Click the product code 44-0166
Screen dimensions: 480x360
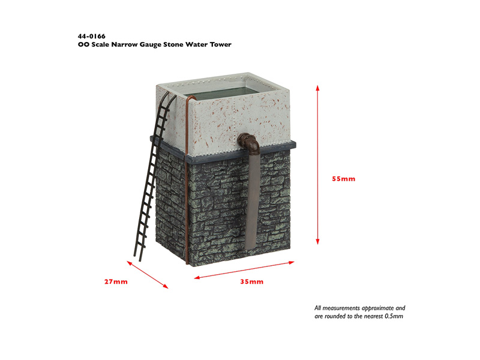[92, 37]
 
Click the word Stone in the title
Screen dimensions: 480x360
[173, 44]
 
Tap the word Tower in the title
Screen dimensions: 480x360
[220, 44]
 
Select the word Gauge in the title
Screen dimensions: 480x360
[151, 44]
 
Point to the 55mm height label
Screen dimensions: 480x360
[344, 179]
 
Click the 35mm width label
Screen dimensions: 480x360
[251, 281]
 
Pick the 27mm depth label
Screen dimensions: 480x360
[116, 281]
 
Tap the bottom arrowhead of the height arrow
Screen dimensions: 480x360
[318, 242]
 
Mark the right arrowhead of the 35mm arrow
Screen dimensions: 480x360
[292, 262]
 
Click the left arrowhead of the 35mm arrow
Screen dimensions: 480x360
[197, 278]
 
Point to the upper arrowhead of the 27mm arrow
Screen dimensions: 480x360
[130, 263]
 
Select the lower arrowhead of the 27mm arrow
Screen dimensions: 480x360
[166, 286]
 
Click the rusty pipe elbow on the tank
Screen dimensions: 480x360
[249, 142]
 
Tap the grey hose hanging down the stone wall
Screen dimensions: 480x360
[253, 199]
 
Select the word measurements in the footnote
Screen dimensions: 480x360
[341, 308]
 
